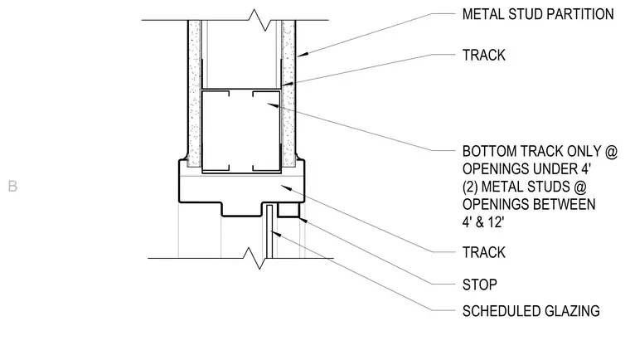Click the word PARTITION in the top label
point(576,14)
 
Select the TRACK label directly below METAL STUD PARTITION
point(484,55)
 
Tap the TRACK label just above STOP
point(484,252)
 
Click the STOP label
point(480,285)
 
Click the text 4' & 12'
point(483,222)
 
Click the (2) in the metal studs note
point(470,187)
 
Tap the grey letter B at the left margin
point(12,187)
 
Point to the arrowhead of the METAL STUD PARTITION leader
point(303,54)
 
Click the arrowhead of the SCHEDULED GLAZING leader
point(275,233)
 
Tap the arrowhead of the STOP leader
point(303,219)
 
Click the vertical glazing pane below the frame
point(269,231)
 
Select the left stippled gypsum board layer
point(195,94)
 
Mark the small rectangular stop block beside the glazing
point(288,211)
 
